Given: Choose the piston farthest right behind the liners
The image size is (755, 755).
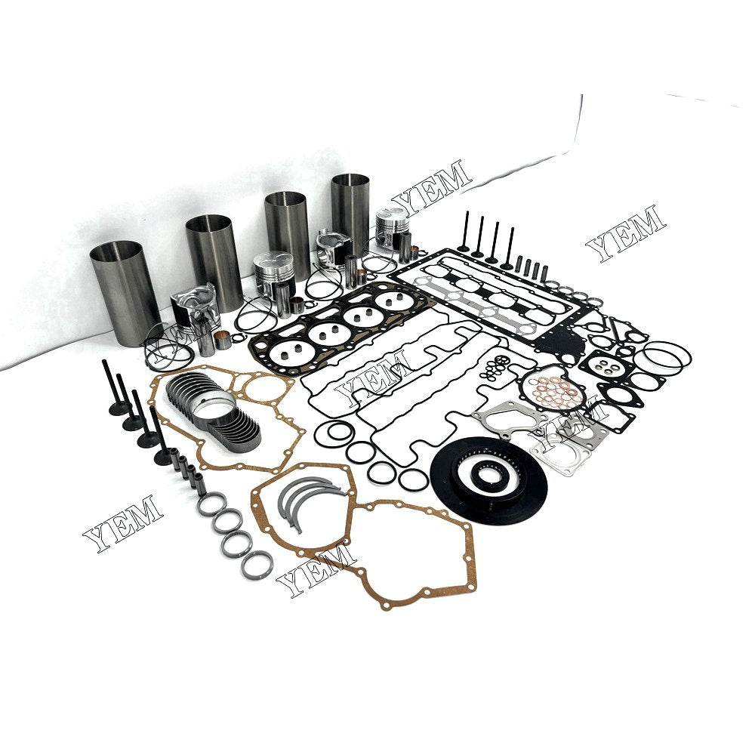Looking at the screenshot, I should [x=392, y=226].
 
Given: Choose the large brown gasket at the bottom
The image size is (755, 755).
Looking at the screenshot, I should [x=408, y=559].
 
